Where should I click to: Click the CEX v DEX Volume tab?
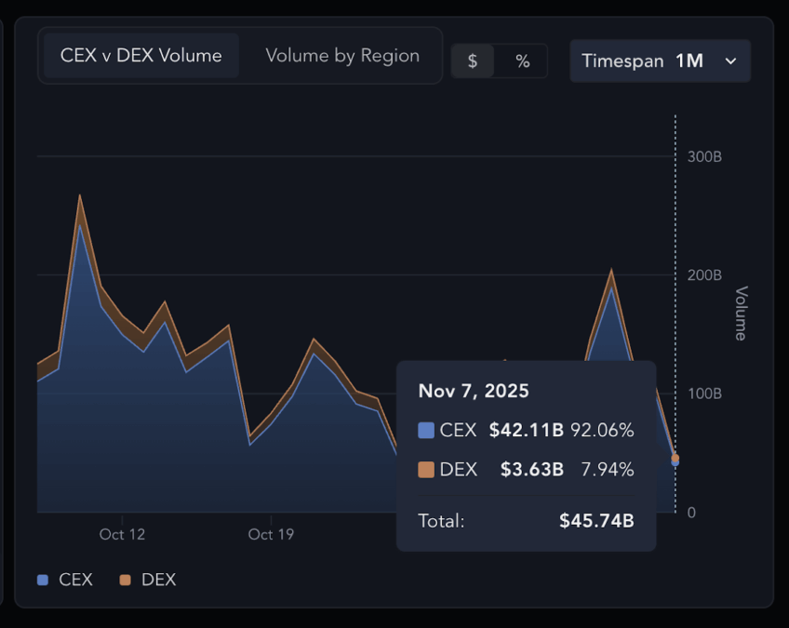[140, 56]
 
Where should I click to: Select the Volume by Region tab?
[342, 56]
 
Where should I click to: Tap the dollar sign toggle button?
[473, 61]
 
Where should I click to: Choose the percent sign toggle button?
[522, 61]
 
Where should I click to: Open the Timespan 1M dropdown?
[660, 61]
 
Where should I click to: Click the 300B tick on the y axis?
[704, 156]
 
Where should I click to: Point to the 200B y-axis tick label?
[704, 275]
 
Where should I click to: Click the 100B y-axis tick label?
[704, 394]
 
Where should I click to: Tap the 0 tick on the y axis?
[690, 513]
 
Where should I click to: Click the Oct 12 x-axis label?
[122, 535]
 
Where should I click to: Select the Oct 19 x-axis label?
[271, 535]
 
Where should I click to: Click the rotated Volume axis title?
[741, 314]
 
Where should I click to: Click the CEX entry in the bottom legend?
[66, 580]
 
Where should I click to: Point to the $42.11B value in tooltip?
[526, 431]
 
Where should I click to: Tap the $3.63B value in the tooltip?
[531, 470]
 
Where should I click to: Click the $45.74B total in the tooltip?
[596, 521]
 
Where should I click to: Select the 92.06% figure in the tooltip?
[602, 431]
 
